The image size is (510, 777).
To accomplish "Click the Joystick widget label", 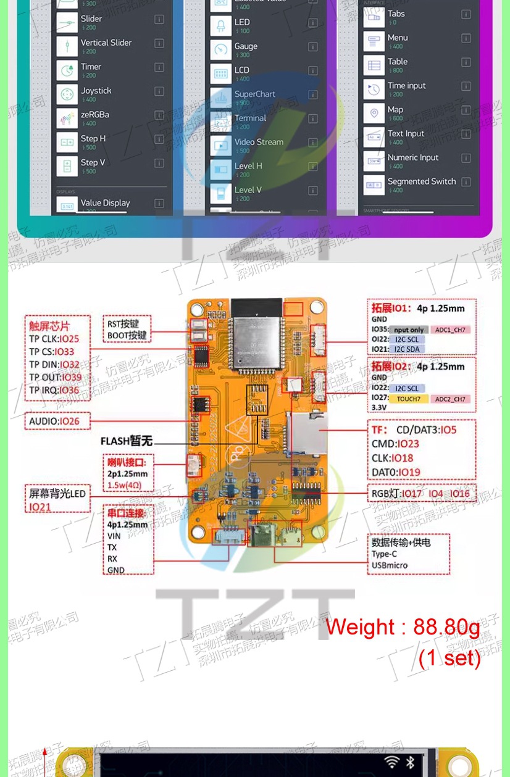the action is pyautogui.click(x=96, y=91).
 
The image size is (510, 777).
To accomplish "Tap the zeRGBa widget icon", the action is pyautogui.click(x=66, y=118).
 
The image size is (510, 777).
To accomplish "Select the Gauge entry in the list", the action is pyautogui.click(x=246, y=46).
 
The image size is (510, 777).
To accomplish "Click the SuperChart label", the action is pyautogui.click(x=254, y=94).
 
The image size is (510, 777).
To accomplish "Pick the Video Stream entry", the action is pyautogui.click(x=259, y=142).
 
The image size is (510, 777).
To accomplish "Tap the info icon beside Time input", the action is pyautogui.click(x=466, y=86).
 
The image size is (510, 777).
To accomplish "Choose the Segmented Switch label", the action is pyautogui.click(x=421, y=181).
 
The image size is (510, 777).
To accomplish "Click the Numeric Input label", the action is pyautogui.click(x=413, y=157).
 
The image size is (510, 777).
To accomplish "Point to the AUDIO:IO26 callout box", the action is pyautogui.click(x=59, y=422).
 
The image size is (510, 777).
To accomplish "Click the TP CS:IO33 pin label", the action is pyautogui.click(x=52, y=352).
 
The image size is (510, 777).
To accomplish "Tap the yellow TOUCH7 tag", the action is pyautogui.click(x=408, y=399).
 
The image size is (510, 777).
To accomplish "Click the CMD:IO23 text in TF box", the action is pyautogui.click(x=395, y=444).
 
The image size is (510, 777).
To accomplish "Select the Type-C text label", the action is pyautogui.click(x=384, y=554).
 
